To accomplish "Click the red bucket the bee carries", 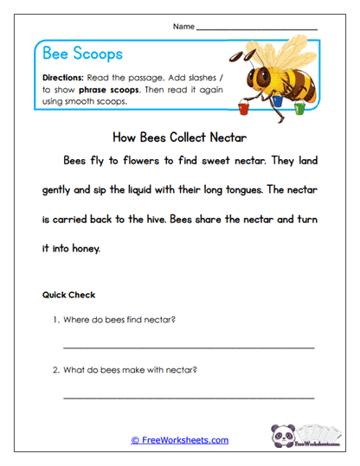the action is click(243, 109).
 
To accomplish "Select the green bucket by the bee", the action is click(299, 108).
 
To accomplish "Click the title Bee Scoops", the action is click(83, 54).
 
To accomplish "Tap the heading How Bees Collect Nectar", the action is click(180, 136).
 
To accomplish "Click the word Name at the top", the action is click(183, 27).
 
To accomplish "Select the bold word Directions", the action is click(62, 77).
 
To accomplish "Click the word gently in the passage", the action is click(61, 189).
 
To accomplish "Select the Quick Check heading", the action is click(68, 295).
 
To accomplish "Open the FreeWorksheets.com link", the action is click(180, 440).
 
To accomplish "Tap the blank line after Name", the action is click(257, 29).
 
